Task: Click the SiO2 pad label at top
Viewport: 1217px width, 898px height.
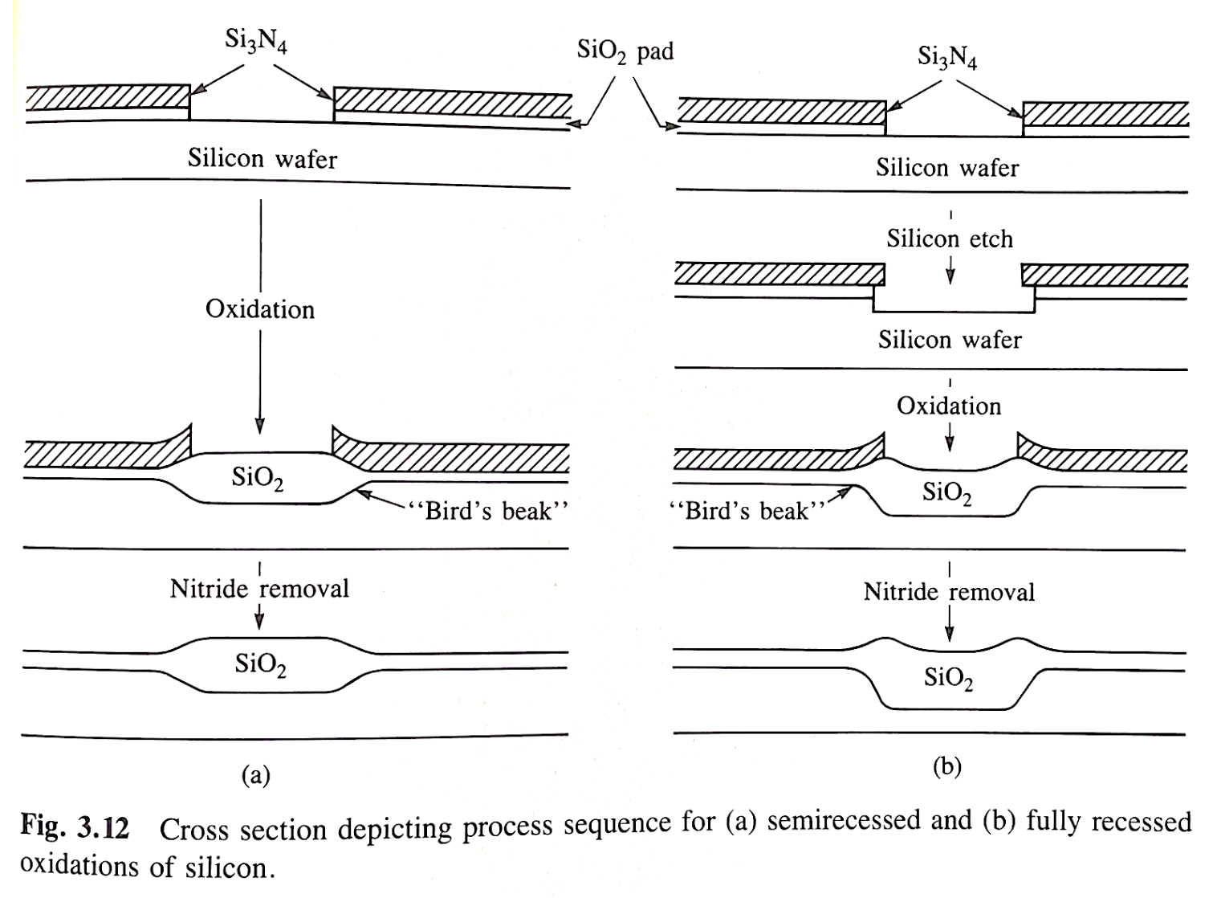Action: point(625,51)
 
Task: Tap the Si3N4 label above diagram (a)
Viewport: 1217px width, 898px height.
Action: point(255,41)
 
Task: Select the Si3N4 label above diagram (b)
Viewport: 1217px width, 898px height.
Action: point(947,57)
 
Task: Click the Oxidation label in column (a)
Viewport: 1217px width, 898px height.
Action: point(260,309)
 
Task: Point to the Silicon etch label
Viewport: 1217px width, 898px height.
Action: point(950,239)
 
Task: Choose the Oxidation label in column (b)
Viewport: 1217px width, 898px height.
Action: point(949,406)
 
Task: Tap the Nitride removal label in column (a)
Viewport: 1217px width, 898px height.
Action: point(259,589)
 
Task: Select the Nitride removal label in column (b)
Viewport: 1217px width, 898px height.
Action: point(949,592)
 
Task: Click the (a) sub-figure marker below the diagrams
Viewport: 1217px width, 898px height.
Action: point(255,775)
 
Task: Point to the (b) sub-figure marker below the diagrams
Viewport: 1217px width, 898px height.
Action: point(947,767)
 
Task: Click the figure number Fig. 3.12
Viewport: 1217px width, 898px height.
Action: point(75,827)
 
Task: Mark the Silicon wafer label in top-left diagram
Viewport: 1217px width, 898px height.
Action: point(263,158)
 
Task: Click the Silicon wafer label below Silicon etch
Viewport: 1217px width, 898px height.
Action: point(950,340)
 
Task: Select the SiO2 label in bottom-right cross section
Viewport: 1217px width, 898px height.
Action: point(948,679)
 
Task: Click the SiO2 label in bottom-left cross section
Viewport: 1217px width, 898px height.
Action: point(260,664)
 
